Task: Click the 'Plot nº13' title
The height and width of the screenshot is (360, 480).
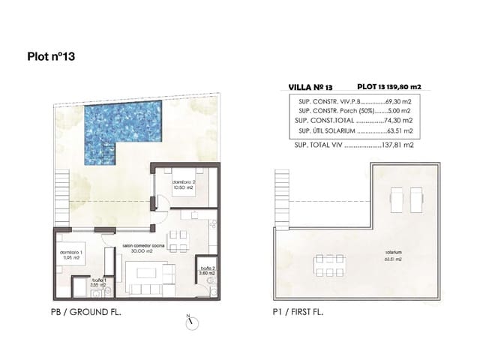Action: [51, 55]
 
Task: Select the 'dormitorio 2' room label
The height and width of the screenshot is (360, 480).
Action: [184, 183]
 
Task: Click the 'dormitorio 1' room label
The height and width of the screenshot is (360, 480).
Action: [71, 253]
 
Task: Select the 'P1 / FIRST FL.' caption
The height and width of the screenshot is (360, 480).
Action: [298, 310]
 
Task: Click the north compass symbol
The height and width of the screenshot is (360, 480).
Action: [192, 320]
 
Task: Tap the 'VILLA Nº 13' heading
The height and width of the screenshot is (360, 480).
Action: [310, 87]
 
